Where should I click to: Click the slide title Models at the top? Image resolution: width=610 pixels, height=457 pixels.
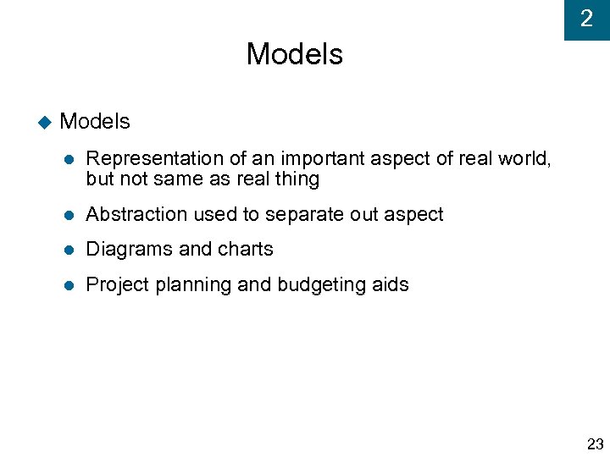[294, 54]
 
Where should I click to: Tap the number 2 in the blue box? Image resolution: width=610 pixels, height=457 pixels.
[586, 19]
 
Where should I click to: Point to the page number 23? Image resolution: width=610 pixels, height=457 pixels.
[595, 444]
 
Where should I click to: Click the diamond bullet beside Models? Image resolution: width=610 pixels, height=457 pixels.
[45, 123]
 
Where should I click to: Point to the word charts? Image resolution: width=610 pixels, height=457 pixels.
[246, 250]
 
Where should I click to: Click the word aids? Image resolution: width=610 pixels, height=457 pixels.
[390, 285]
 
